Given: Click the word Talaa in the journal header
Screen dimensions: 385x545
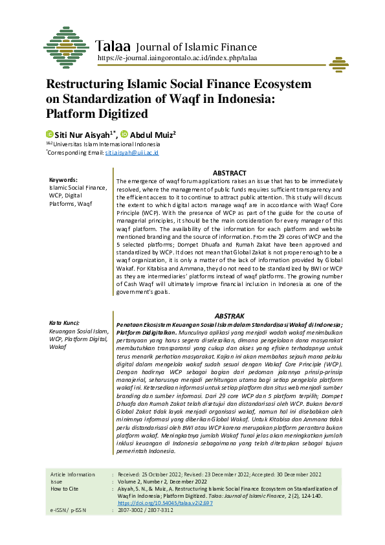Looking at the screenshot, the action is tap(113, 47).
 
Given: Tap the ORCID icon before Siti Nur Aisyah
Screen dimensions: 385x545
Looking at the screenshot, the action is tap(49, 134).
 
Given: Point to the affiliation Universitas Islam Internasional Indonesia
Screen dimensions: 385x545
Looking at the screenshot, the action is tap(107, 144).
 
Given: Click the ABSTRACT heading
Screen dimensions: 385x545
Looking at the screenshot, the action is tap(230, 173).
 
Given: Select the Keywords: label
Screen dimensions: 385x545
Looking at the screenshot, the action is tap(63, 180).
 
